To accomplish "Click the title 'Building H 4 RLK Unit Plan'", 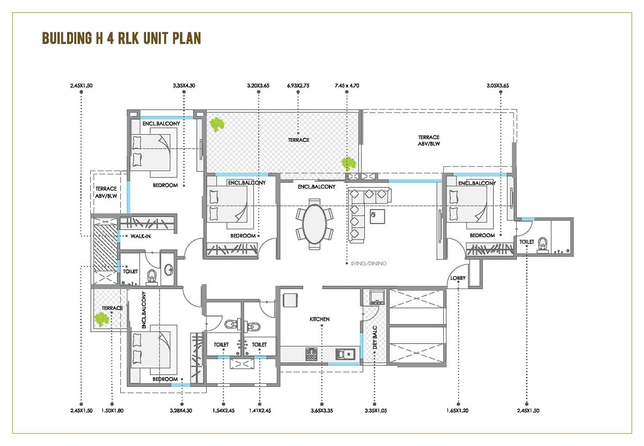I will click(x=121, y=39).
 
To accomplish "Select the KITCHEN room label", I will click(x=319, y=319).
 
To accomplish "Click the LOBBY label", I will click(x=458, y=278).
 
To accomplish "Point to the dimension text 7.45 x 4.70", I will click(x=347, y=85).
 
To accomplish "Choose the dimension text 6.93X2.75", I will click(x=298, y=85).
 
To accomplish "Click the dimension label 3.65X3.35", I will click(x=321, y=411).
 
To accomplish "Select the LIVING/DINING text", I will click(x=365, y=263).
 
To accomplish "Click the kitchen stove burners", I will click(x=311, y=354).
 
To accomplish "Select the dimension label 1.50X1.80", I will click(x=112, y=411).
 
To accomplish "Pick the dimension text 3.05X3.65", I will click(x=501, y=85).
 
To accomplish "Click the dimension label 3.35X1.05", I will click(x=375, y=411).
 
